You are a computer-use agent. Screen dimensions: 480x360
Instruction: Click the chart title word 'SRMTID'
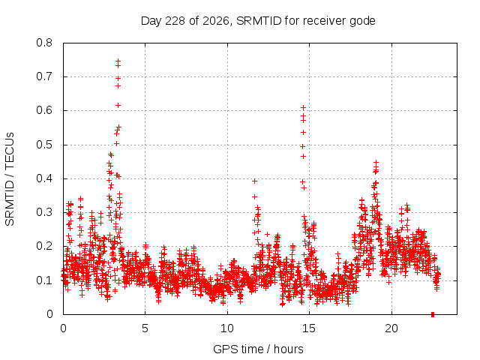259,21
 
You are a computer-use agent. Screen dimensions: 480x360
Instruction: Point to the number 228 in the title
175,21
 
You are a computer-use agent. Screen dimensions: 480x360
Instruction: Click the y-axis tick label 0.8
44,43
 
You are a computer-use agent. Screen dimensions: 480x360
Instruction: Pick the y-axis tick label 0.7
44,76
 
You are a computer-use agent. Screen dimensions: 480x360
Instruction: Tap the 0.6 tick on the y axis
44,110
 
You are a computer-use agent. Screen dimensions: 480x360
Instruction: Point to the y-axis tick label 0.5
44,145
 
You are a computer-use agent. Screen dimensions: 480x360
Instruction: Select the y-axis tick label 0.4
44,178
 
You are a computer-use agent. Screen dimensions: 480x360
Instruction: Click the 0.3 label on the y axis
44,212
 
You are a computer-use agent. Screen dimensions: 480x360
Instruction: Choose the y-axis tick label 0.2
44,246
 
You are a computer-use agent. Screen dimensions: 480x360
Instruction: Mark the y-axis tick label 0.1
44,280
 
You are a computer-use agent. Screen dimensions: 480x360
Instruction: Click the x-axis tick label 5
145,328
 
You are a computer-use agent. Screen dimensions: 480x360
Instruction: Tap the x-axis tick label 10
226,328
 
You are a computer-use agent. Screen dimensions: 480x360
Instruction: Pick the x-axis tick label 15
309,328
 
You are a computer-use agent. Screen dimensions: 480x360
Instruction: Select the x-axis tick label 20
391,328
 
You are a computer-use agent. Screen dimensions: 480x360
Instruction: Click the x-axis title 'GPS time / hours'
258,349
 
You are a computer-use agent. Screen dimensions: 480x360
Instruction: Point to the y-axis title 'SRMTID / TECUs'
10,179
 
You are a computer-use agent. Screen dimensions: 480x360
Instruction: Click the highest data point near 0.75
118,61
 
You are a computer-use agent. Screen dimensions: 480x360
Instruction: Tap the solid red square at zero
433,314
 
